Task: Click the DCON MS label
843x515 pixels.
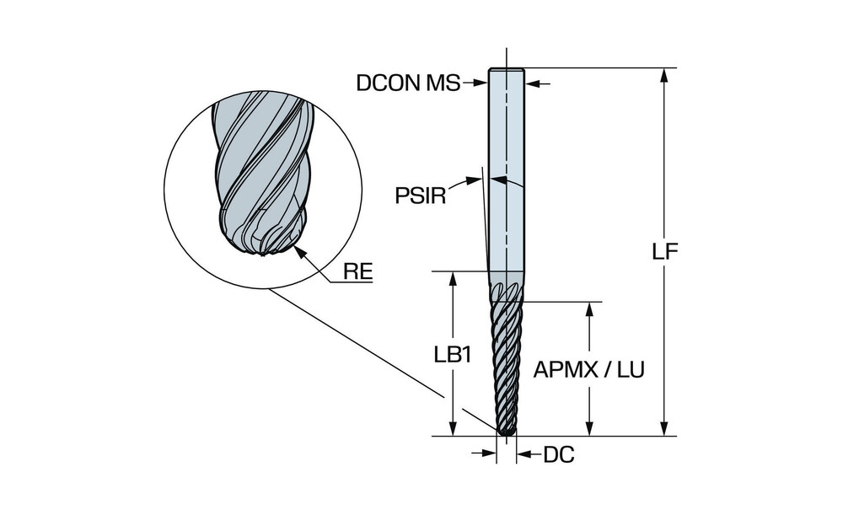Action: click(409, 83)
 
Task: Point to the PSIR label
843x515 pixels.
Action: click(421, 196)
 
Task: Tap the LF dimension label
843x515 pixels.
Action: click(665, 251)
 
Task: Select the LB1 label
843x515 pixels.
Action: click(454, 355)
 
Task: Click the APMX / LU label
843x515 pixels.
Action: click(588, 369)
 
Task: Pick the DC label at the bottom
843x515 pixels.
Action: click(559, 455)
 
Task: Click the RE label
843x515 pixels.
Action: click(358, 271)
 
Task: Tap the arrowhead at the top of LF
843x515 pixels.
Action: click(665, 76)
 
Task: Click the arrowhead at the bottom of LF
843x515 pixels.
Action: click(665, 428)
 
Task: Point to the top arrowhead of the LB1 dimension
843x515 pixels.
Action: click(454, 279)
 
